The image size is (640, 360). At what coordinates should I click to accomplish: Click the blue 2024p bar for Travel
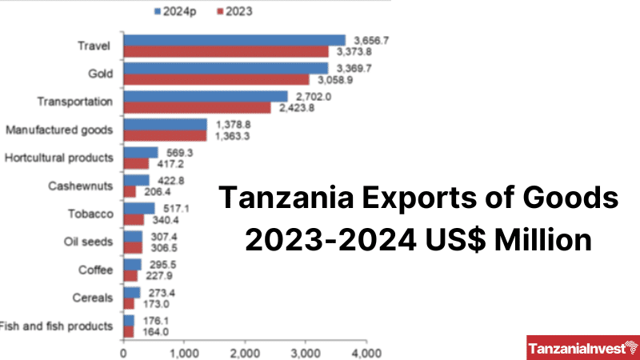pyautogui.click(x=234, y=40)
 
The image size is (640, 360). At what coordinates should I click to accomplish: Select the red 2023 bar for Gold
pyautogui.click(x=216, y=80)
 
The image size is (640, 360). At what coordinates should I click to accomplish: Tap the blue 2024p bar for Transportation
pyautogui.click(x=205, y=96)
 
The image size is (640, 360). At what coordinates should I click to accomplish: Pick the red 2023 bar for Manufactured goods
pyautogui.click(x=165, y=136)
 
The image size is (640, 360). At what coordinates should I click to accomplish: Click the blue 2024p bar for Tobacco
pyautogui.click(x=139, y=208)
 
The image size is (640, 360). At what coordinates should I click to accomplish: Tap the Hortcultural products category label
pyautogui.click(x=58, y=157)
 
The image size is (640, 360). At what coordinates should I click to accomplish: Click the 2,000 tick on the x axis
pyautogui.click(x=245, y=351)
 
